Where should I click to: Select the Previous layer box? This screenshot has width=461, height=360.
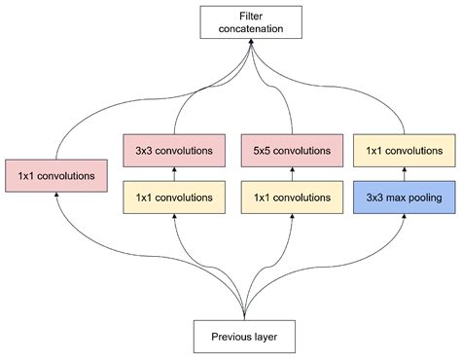[x=243, y=337]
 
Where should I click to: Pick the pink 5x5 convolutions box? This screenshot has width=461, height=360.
[x=290, y=151]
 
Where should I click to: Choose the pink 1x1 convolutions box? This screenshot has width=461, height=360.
[x=55, y=176]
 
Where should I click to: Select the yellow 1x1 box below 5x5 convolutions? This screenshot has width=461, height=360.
[x=290, y=198]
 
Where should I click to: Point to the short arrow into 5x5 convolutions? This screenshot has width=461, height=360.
[x=290, y=174]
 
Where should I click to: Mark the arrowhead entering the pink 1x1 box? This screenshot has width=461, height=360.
[x=59, y=195]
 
